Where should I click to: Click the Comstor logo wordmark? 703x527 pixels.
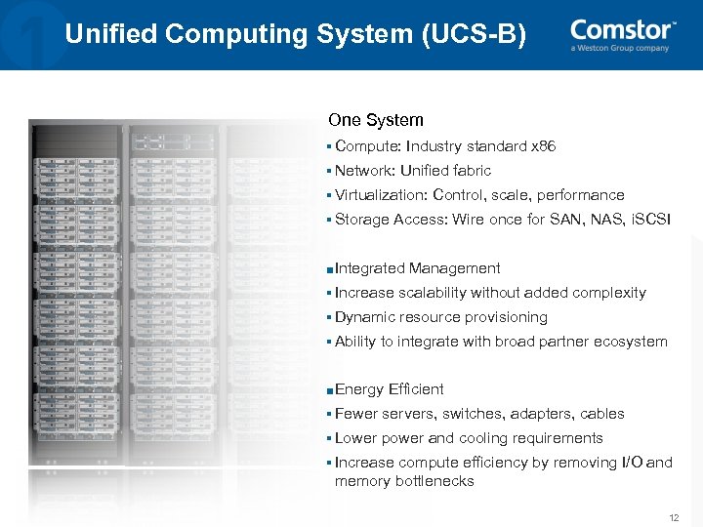tap(622, 29)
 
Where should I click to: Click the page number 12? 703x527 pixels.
tap(673, 516)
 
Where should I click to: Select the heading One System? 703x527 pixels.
tap(376, 120)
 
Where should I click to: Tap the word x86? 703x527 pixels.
tap(542, 146)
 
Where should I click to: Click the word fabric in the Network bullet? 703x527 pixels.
tap(473, 171)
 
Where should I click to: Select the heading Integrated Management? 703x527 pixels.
tap(417, 268)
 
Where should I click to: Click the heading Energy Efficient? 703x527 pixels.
tap(389, 389)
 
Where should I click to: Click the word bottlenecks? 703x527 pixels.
tap(435, 481)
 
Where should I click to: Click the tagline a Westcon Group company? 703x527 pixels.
tap(620, 48)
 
